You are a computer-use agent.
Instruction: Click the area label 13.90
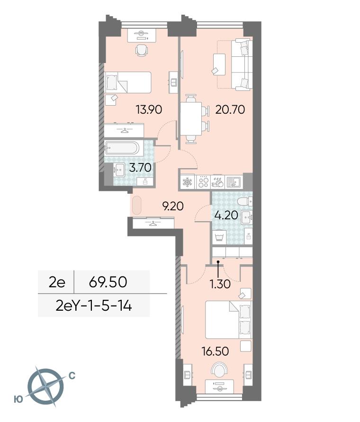149,109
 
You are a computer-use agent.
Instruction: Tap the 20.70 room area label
230,109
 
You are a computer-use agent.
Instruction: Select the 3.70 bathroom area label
140,168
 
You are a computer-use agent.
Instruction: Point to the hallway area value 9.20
172,206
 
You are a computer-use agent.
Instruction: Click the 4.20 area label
226,215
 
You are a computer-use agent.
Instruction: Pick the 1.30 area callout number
221,284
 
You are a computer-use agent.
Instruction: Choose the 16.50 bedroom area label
216,351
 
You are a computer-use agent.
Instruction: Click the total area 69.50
108,282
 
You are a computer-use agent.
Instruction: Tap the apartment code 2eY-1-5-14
94,306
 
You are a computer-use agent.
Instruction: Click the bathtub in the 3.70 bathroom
122,148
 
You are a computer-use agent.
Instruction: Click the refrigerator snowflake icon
187,182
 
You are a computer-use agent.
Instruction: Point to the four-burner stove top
203,182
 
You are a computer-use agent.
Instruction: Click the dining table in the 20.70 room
191,119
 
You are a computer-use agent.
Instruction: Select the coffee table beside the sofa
219,64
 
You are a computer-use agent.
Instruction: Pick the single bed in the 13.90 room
127,82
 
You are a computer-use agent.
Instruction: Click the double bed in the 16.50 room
228,320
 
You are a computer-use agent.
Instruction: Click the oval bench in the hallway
137,205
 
